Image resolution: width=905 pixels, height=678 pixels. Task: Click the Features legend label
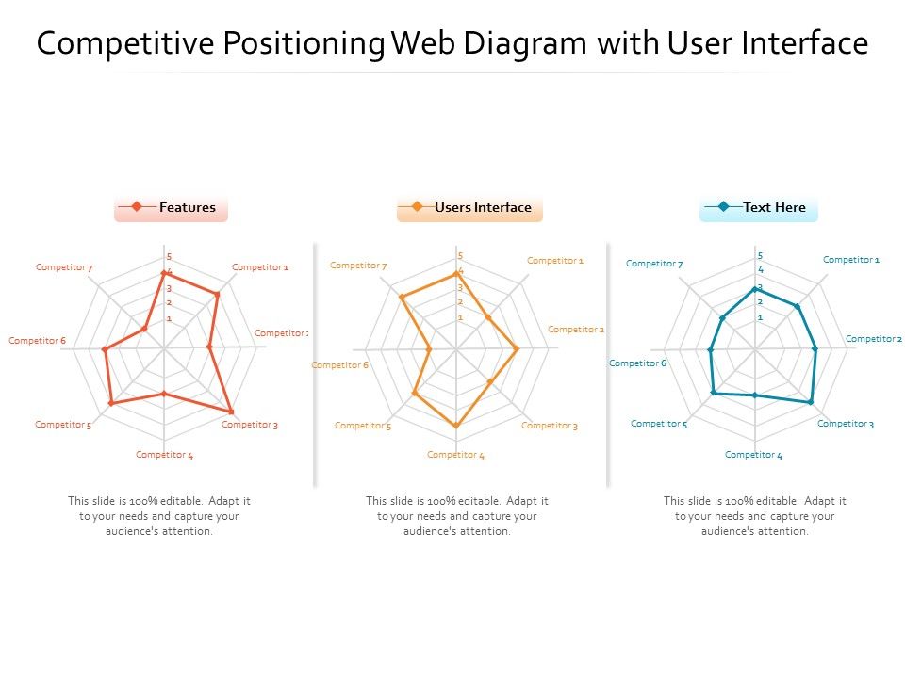187,208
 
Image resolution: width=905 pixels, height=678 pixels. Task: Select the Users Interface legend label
483,208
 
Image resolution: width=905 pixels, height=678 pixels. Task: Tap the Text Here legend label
774,208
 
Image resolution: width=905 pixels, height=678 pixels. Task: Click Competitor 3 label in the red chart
250,425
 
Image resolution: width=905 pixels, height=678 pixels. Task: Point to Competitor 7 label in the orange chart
358,266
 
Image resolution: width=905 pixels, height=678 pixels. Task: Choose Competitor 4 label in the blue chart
753,455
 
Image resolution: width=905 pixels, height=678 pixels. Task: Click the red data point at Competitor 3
231,412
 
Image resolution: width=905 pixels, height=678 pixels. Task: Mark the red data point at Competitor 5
111,403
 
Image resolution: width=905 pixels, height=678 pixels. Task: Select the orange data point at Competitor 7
402,298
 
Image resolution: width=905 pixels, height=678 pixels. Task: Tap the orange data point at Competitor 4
457,426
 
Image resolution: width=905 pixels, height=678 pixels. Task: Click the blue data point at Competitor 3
811,402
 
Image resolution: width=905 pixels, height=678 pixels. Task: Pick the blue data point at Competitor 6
711,350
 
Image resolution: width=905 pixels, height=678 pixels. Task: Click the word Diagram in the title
538,43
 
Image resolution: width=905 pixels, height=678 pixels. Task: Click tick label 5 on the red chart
169,257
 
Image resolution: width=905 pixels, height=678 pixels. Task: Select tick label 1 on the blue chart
759,318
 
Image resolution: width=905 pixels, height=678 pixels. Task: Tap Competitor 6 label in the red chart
37,341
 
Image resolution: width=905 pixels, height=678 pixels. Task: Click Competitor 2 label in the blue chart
874,339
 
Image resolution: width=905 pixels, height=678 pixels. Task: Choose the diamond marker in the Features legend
137,207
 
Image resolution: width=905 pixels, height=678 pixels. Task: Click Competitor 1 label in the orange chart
554,261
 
